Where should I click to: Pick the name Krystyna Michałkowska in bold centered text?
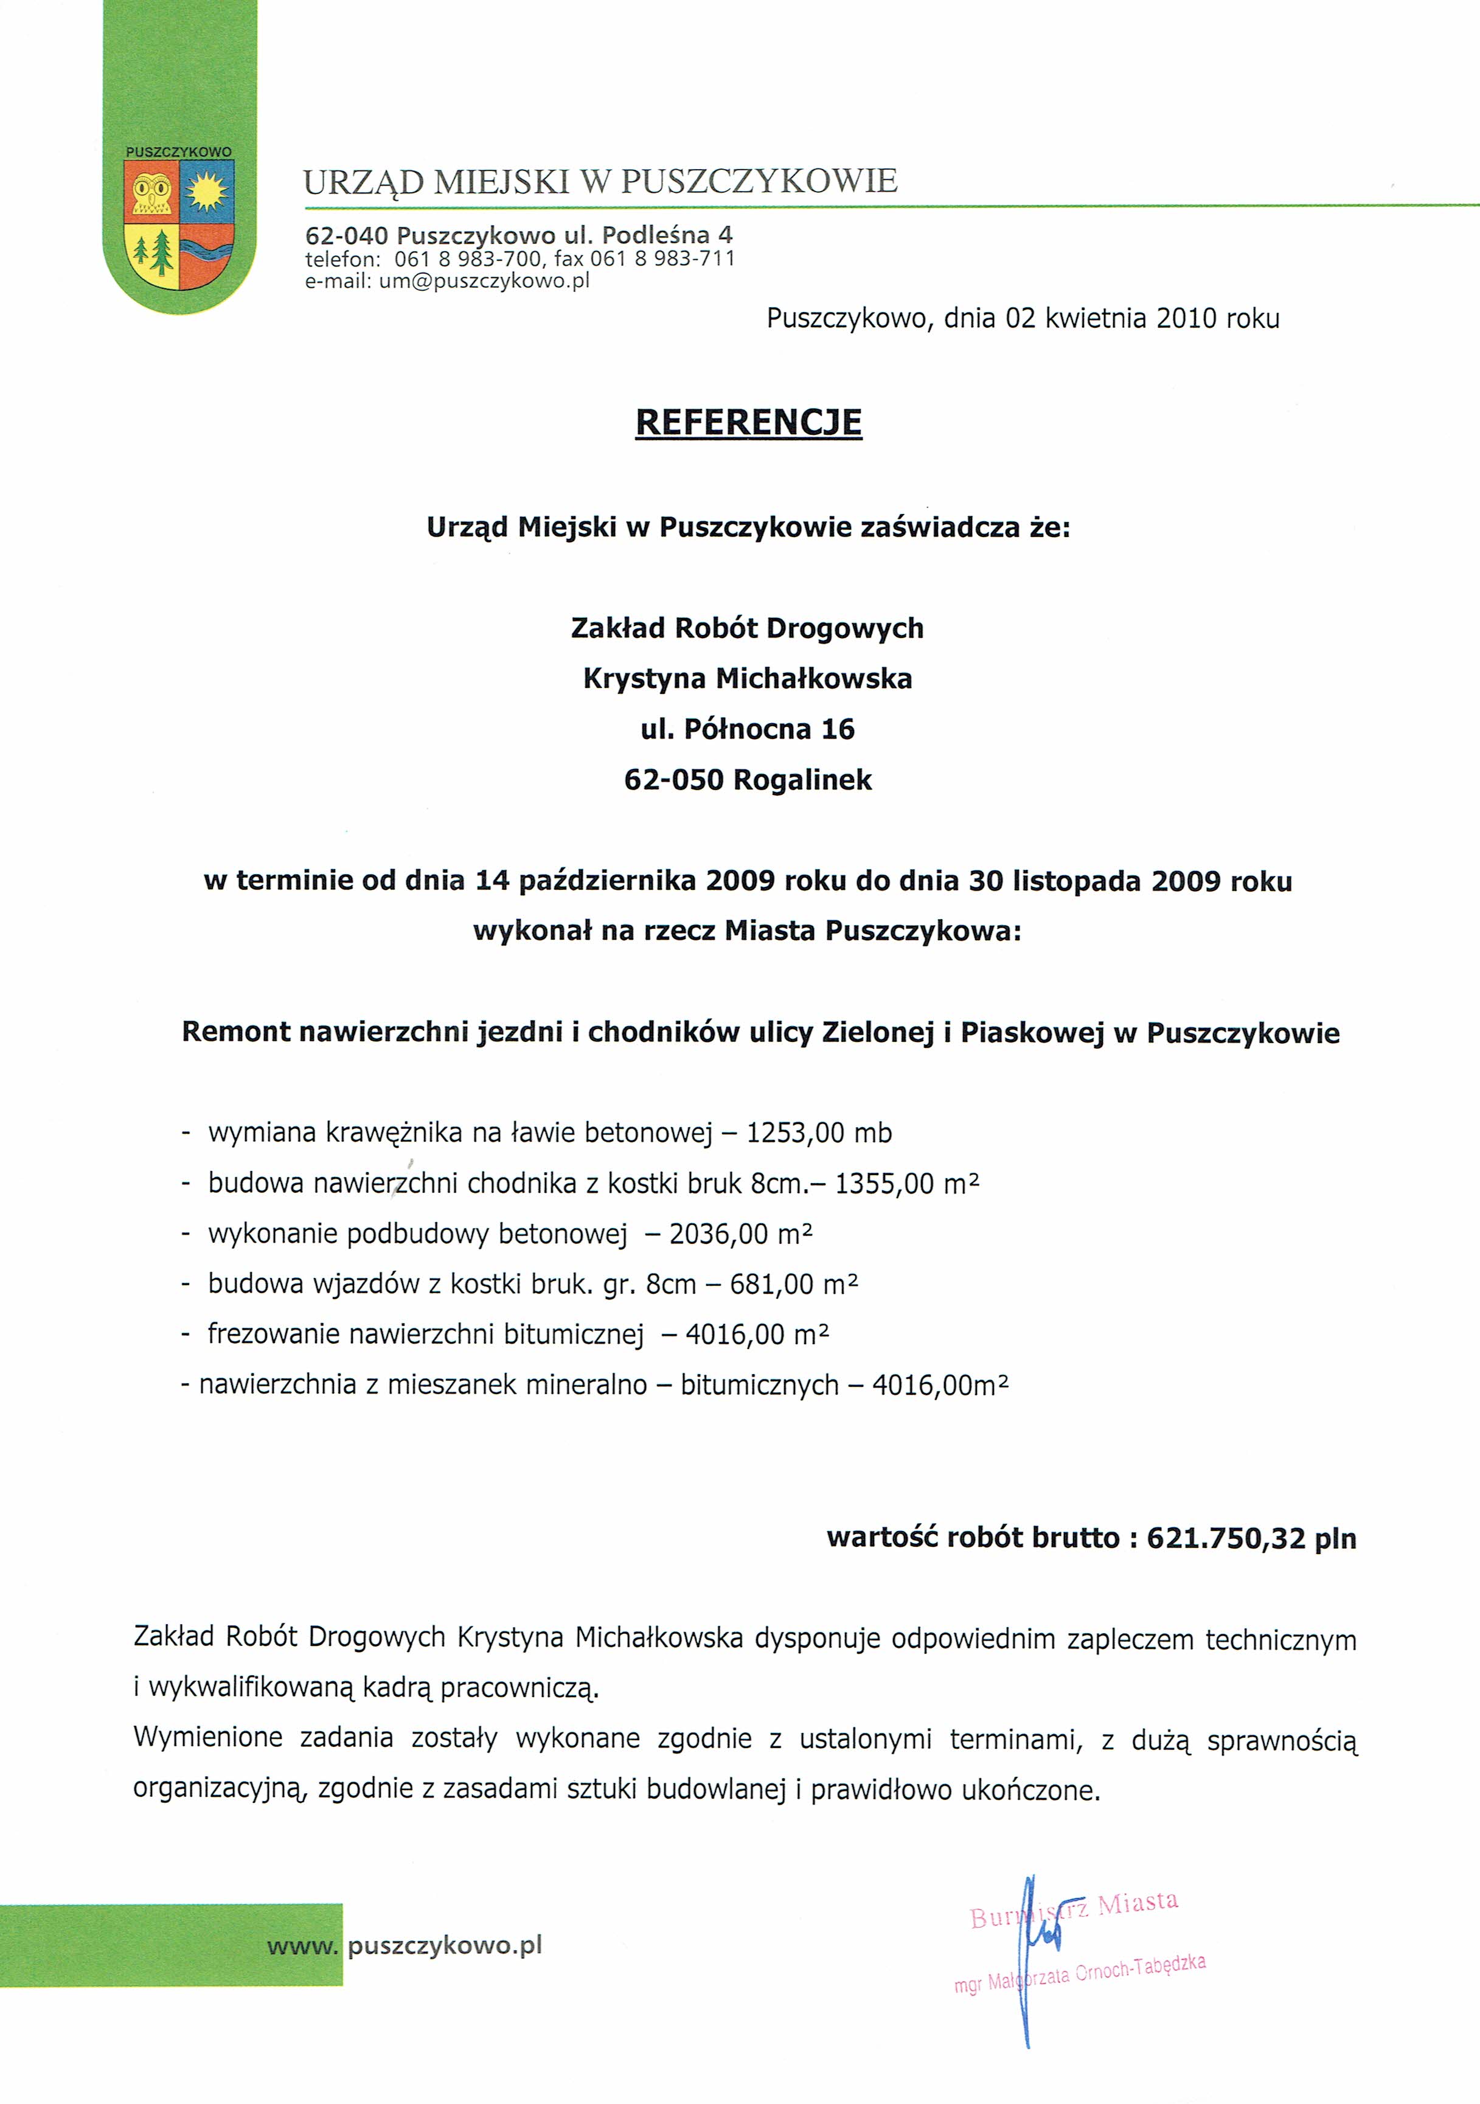(748, 679)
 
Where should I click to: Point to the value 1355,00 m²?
(907, 1184)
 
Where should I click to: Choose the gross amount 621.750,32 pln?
(1251, 1538)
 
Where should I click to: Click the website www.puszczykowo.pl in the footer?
(405, 1945)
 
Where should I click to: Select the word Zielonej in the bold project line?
(876, 1033)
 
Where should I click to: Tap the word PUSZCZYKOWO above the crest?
(179, 152)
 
